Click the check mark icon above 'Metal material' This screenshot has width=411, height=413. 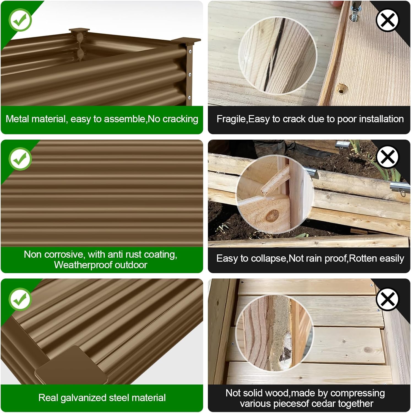pos(20,20)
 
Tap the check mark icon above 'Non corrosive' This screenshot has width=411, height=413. pos(20,159)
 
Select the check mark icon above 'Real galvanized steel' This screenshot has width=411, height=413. pos(20,299)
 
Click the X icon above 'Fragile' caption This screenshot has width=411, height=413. pos(387,20)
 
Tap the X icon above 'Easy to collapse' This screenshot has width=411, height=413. pos(387,157)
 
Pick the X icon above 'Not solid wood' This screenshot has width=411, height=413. pos(387,299)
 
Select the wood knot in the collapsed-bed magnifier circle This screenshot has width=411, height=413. pos(273,215)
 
